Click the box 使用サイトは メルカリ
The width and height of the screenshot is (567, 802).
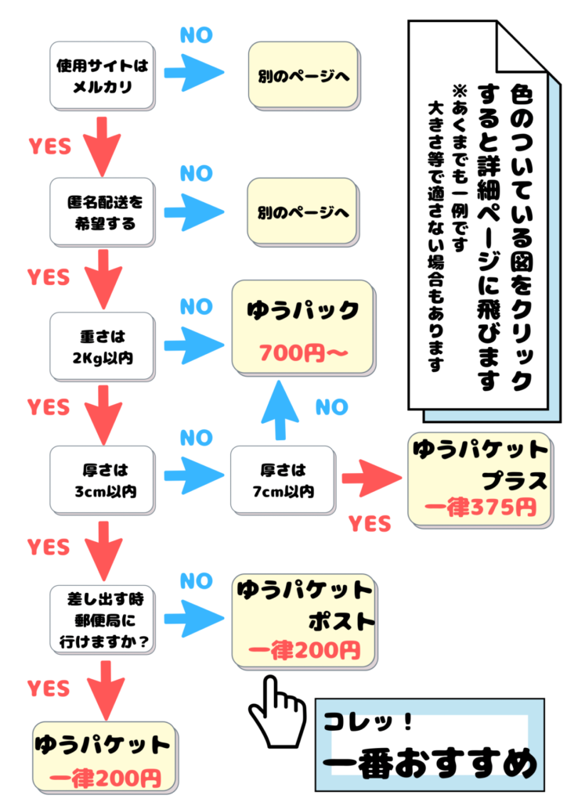pos(101,76)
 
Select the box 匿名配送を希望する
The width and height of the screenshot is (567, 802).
pos(101,212)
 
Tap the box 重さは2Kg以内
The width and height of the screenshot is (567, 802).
pos(101,347)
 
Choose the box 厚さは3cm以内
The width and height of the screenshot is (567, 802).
pos(101,481)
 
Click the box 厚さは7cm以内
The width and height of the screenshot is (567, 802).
pos(281,481)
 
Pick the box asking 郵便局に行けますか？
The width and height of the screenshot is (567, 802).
pos(101,620)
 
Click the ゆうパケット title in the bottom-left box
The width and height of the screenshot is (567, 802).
pos(103,745)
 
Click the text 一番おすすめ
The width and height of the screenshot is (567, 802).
pos(430,762)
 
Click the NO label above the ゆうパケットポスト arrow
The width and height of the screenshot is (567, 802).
pos(196,581)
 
